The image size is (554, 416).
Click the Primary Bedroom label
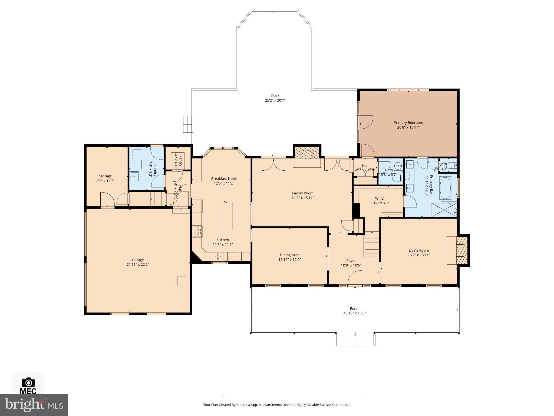pyautogui.click(x=408, y=123)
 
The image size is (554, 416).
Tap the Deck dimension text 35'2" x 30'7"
pyautogui.click(x=275, y=100)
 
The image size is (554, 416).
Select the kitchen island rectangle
pyautogui.click(x=225, y=216)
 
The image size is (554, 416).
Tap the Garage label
pyautogui.click(x=138, y=260)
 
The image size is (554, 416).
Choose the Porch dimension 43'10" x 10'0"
pyautogui.click(x=354, y=313)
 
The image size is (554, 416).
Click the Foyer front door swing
pyautogui.click(x=355, y=278)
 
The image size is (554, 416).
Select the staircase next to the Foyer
pyautogui.click(x=371, y=244)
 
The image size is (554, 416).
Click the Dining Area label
pyautogui.click(x=289, y=255)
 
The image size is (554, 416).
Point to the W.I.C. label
pyautogui.click(x=380, y=199)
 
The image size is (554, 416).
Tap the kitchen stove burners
pyautogui.click(x=197, y=232)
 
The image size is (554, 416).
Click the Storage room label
pyautogui.click(x=105, y=176)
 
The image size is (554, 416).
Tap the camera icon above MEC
pyautogui.click(x=28, y=382)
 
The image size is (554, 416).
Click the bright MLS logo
pyautogui.click(x=34, y=405)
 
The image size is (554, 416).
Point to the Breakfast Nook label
pyautogui.click(x=224, y=178)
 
